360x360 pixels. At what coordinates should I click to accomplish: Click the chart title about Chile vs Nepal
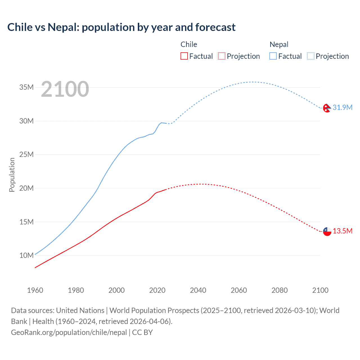tap(121, 27)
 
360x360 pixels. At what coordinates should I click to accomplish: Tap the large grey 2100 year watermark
tap(65, 89)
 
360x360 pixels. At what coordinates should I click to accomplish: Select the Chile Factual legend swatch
tap(184, 56)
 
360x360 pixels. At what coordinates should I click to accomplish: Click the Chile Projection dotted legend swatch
tap(222, 56)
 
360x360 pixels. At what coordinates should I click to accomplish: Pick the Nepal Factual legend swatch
tap(273, 56)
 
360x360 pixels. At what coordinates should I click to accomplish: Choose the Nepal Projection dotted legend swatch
tap(311, 56)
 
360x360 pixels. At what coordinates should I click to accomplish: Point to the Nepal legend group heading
tap(279, 44)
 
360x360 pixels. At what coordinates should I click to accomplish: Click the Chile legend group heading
tap(189, 44)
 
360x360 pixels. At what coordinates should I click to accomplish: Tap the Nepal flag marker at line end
tap(327, 108)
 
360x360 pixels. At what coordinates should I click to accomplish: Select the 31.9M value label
tap(342, 107)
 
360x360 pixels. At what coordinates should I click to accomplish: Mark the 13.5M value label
tap(342, 231)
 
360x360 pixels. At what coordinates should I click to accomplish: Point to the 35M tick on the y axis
tap(26, 87)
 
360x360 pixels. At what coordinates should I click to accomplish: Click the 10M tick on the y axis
tap(26, 255)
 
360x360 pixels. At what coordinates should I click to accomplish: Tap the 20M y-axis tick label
tap(26, 188)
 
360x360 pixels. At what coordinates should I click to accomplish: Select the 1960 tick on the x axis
tap(35, 290)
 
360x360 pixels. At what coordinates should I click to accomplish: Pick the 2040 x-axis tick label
tap(198, 290)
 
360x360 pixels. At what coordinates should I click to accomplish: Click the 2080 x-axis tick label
tap(280, 290)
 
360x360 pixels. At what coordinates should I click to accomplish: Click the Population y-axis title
tap(12, 175)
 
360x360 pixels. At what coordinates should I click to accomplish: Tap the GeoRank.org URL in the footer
tap(69, 332)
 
